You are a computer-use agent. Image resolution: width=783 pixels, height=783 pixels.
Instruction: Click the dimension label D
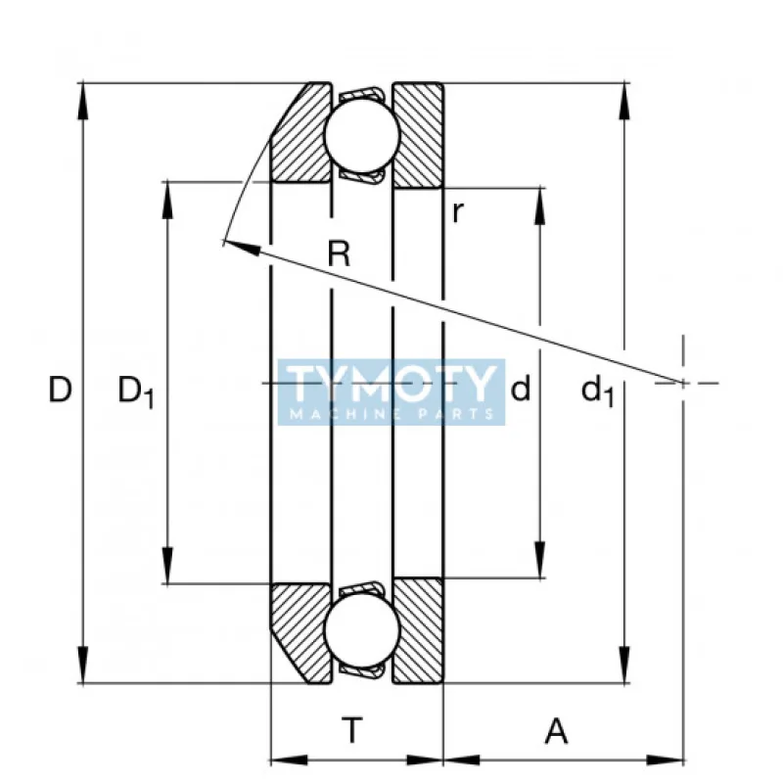coord(61,391)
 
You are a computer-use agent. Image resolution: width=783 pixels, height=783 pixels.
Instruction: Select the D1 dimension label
coord(136,391)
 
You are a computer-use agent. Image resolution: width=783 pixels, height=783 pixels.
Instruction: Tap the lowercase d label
coord(521,391)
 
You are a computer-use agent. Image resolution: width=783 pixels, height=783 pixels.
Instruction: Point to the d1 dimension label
coord(597,391)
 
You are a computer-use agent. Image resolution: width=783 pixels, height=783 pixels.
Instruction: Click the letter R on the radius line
coord(339,255)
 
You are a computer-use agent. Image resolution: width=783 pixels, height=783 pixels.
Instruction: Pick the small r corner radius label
coord(457,212)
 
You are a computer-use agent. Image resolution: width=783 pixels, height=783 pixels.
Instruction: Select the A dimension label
coord(555,729)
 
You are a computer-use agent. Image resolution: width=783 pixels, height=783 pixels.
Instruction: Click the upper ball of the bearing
coord(361,136)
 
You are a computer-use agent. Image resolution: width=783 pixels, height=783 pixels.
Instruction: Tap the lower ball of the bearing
coord(361,631)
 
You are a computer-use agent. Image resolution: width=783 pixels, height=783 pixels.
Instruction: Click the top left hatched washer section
coord(303,137)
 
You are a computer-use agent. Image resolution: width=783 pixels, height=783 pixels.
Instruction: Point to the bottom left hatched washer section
coord(303,631)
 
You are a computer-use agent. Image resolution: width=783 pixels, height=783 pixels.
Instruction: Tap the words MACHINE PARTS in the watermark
coord(391,414)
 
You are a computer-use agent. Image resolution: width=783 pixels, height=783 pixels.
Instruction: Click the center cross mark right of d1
coord(682,382)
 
